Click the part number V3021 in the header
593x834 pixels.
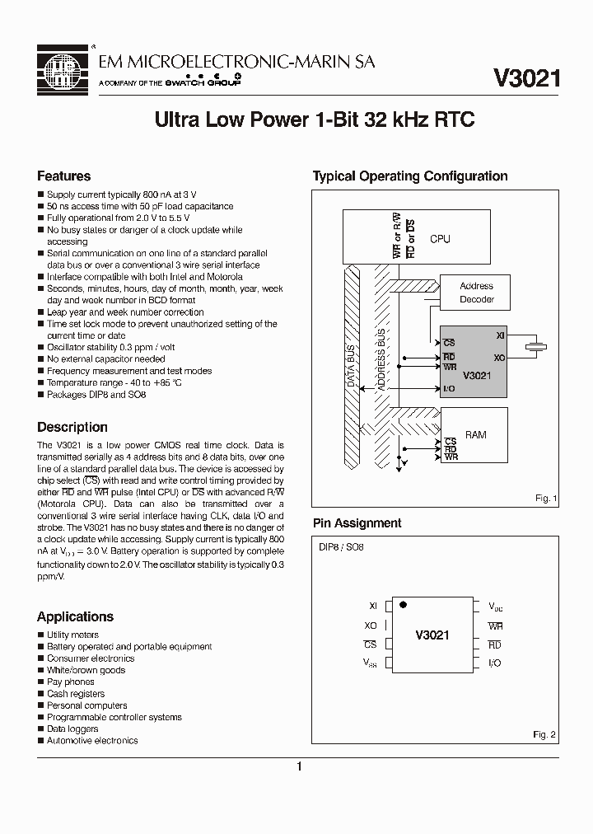tap(527, 78)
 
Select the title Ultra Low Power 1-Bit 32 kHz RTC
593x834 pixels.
tap(315, 119)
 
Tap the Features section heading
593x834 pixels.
tap(64, 176)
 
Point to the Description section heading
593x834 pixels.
tap(72, 427)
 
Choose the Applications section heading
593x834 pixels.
tap(75, 616)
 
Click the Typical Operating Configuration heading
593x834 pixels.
tap(409, 176)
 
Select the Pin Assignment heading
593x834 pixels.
tap(357, 523)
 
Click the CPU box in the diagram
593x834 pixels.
tap(440, 238)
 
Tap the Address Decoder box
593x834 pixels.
tap(476, 293)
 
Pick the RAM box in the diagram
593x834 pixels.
tap(475, 434)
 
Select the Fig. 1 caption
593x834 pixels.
tap(545, 499)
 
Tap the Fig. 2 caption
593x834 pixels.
tap(544, 733)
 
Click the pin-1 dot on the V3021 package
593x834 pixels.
tap(403, 605)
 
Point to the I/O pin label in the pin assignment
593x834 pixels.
tap(494, 663)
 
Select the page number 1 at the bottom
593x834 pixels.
tap(299, 767)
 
